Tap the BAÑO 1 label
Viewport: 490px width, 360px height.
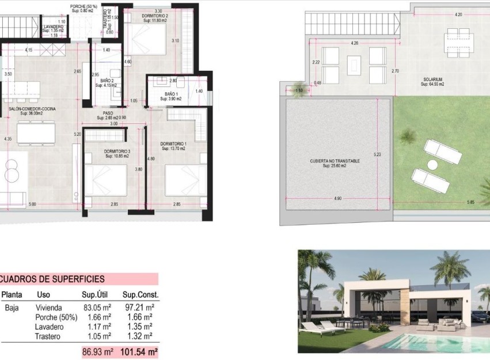(x=171, y=94)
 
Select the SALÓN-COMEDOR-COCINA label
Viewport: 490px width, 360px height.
(x=32, y=108)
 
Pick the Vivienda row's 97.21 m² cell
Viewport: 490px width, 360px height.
(x=139, y=308)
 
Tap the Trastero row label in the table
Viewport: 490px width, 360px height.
(x=48, y=336)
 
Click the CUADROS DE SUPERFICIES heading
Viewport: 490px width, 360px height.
(x=52, y=279)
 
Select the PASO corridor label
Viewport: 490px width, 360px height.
(x=108, y=113)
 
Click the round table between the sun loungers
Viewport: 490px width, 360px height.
(x=432, y=165)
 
